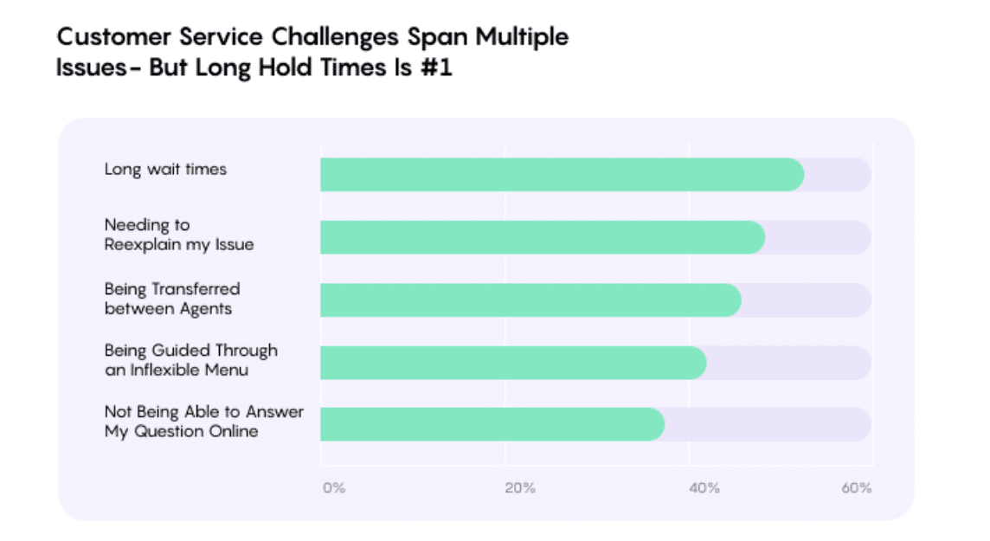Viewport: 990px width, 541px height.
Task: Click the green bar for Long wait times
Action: (x=562, y=174)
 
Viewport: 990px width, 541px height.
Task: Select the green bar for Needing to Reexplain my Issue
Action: (x=543, y=237)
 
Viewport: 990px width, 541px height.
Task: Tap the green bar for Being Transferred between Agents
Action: (x=531, y=299)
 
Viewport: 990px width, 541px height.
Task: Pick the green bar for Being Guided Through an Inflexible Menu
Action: (x=513, y=363)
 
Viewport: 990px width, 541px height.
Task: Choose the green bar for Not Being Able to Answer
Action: (x=492, y=424)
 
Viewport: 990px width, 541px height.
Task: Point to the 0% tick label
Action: (x=334, y=488)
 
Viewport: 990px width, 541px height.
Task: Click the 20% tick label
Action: (x=519, y=488)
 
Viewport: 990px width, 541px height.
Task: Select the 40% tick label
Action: (x=704, y=488)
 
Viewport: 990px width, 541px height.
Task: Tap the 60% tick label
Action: (x=856, y=488)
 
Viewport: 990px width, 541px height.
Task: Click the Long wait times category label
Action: (x=165, y=169)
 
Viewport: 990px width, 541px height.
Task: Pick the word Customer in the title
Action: (x=114, y=36)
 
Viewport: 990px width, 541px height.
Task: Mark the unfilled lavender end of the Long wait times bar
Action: (x=837, y=174)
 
